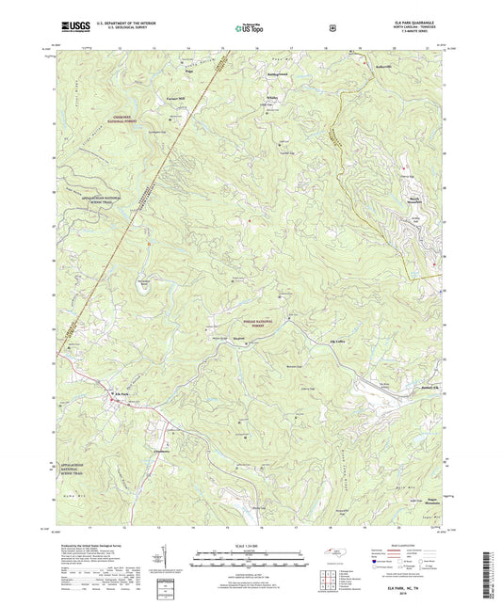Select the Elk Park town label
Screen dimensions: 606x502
pos(120,392)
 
